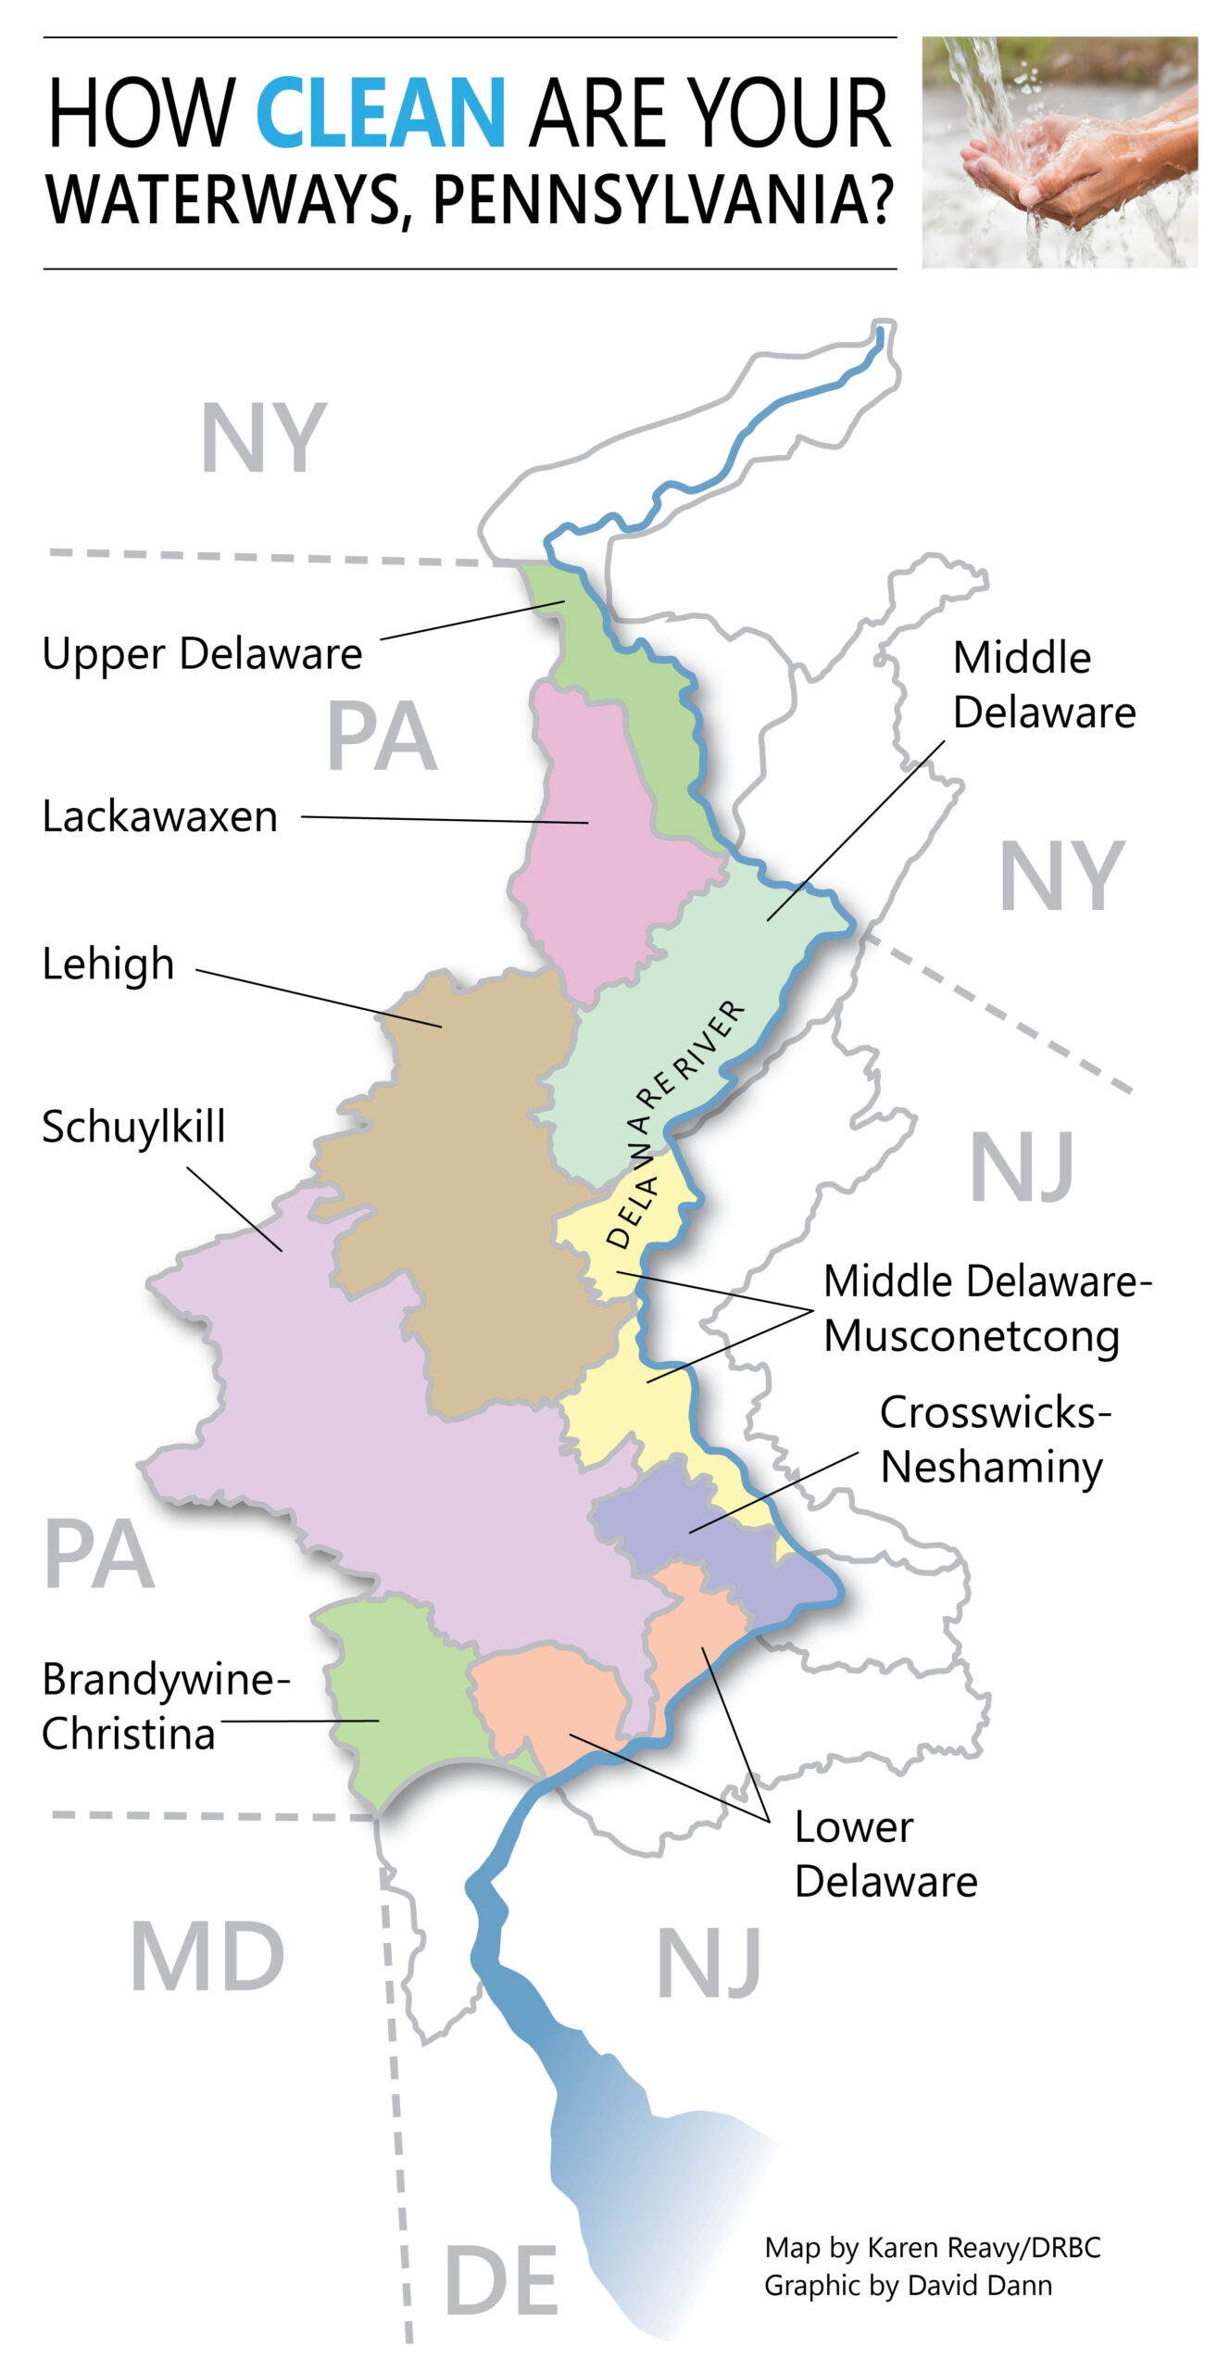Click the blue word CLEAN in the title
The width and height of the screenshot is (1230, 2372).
381,113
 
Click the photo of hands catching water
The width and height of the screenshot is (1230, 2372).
1059,152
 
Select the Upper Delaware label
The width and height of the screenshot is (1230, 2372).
202,653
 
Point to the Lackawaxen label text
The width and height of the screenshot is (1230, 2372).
160,816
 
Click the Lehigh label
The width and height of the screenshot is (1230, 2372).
108,965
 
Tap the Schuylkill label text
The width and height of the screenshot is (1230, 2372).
134,1127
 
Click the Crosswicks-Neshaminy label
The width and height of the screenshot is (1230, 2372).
994,1440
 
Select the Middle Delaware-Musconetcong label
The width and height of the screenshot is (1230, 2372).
986,1308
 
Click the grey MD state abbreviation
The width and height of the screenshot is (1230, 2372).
207,1956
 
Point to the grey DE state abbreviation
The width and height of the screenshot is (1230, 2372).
501,2280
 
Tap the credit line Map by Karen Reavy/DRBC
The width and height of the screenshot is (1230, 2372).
932,2247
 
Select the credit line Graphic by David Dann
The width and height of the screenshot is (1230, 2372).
908,2285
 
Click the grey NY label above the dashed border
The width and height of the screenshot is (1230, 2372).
263,437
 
